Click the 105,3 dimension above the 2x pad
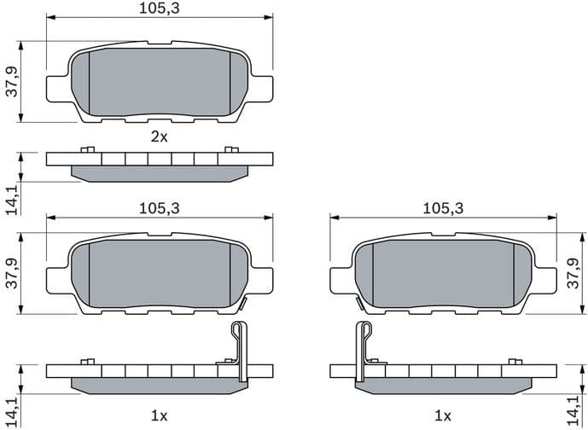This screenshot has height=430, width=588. [x=160, y=9]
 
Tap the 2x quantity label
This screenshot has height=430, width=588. [x=160, y=136]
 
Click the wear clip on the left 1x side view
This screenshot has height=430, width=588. [x=239, y=351]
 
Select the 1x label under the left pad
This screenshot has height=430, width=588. [x=160, y=415]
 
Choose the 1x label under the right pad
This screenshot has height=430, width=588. [x=442, y=415]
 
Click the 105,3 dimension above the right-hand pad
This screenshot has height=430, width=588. [x=443, y=208]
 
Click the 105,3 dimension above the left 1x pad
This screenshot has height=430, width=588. [x=160, y=208]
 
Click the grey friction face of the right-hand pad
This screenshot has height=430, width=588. [x=444, y=273]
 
